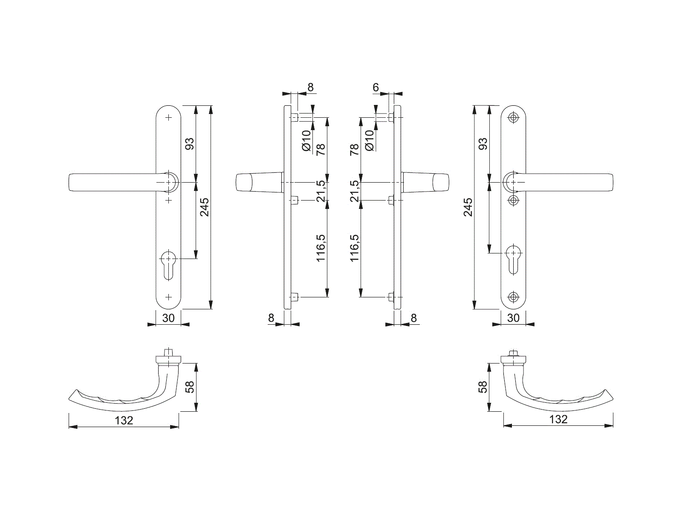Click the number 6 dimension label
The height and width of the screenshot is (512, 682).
(376, 87)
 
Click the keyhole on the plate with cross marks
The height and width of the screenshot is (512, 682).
(168, 265)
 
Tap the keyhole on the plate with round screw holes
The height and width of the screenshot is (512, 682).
(513, 260)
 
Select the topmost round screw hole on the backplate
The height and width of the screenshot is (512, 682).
(513, 117)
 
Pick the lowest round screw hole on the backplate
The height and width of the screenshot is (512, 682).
(513, 297)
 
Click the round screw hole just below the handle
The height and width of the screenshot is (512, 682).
(513, 200)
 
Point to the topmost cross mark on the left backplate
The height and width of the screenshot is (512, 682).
(168, 117)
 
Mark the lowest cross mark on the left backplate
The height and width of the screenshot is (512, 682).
(168, 297)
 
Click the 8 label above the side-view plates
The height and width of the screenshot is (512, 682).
(310, 87)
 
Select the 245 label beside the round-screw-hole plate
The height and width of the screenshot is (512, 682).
(468, 207)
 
